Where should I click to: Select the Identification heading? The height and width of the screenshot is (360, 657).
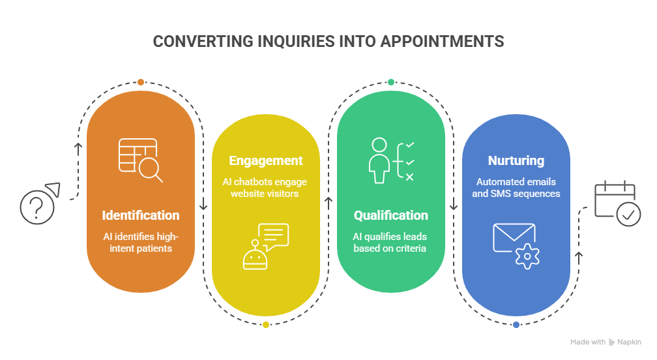pyautogui.click(x=141, y=215)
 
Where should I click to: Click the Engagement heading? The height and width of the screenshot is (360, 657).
pyautogui.click(x=266, y=160)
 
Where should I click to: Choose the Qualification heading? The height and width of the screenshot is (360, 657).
pyautogui.click(x=391, y=215)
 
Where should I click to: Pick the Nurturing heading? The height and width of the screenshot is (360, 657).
pyautogui.click(x=516, y=160)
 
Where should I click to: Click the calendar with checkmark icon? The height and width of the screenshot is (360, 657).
pyautogui.click(x=617, y=204)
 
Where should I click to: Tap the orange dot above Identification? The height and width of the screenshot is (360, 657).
pyautogui.click(x=141, y=82)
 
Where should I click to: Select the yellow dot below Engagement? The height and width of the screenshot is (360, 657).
pyautogui.click(x=266, y=324)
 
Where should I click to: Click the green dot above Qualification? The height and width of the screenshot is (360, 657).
pyautogui.click(x=391, y=82)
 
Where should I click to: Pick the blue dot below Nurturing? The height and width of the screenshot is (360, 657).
pyautogui.click(x=516, y=324)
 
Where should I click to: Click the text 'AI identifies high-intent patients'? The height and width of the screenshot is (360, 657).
pyautogui.click(x=141, y=242)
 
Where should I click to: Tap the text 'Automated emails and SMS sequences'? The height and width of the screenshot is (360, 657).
pyautogui.click(x=516, y=188)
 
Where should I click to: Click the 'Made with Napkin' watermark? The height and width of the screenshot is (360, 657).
pyautogui.click(x=606, y=342)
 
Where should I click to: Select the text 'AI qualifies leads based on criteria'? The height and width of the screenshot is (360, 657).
pyautogui.click(x=391, y=242)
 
